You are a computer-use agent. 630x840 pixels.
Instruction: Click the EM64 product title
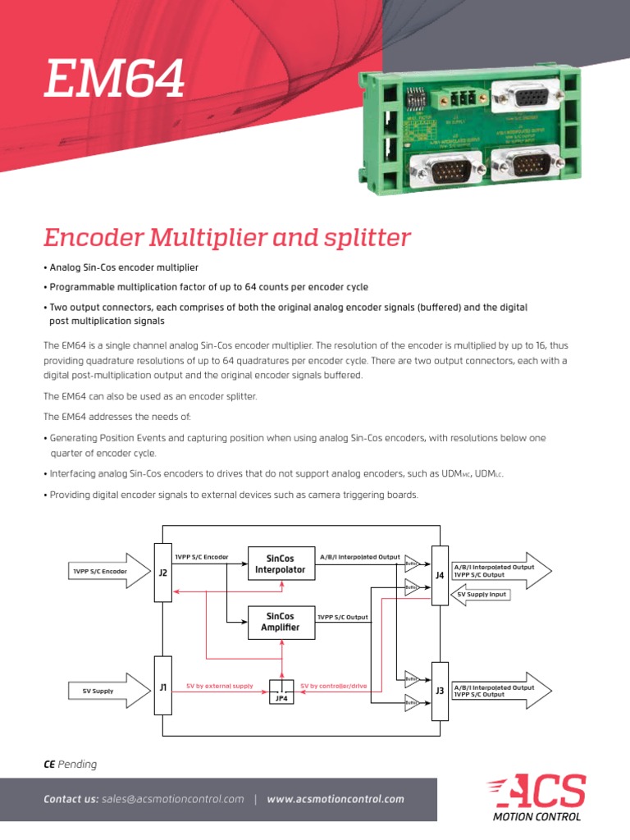pyautogui.click(x=114, y=80)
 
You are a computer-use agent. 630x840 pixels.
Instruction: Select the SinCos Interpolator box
pyautogui.click(x=281, y=564)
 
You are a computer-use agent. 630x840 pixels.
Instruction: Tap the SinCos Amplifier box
pyautogui.click(x=281, y=622)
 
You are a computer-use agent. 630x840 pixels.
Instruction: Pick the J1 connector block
pyautogui.click(x=162, y=687)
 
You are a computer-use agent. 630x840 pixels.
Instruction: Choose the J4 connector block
pyautogui.click(x=440, y=575)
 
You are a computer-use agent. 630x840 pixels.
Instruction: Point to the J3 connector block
pyautogui.click(x=440, y=691)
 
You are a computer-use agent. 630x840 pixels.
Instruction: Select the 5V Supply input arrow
pyautogui.click(x=98, y=692)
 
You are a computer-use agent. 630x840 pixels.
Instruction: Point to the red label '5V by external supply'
pyautogui.click(x=220, y=685)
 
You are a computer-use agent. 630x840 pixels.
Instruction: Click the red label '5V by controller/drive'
pyautogui.click(x=333, y=685)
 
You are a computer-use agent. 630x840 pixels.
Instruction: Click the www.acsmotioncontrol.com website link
pyautogui.click(x=335, y=799)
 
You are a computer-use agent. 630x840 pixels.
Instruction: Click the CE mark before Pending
pyautogui.click(x=48, y=765)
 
